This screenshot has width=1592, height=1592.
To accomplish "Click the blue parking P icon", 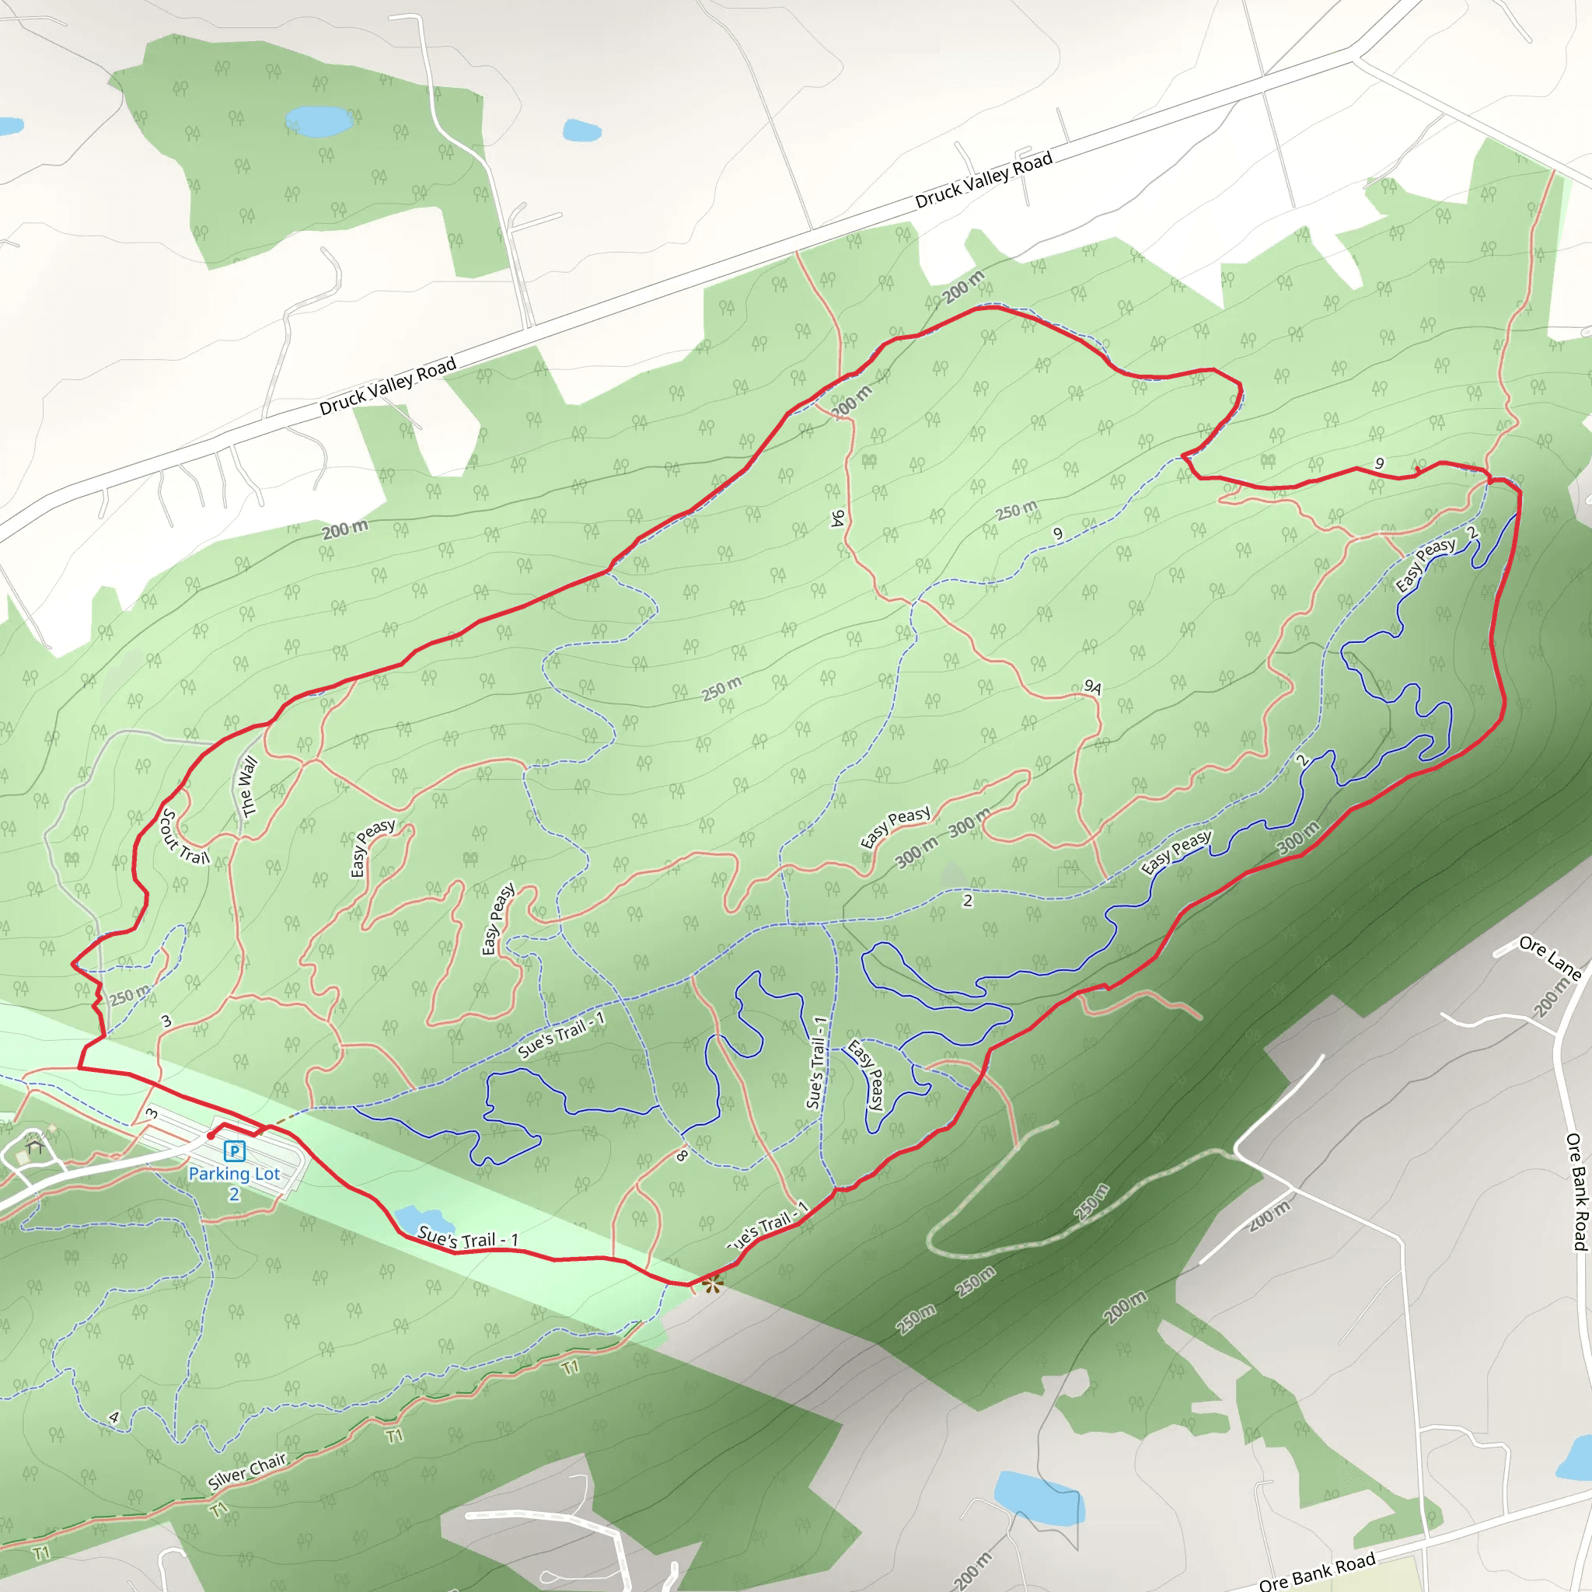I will (x=235, y=1151).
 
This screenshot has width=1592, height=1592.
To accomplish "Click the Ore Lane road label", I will (x=1550, y=958).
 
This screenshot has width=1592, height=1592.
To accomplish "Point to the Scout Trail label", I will (x=183, y=838).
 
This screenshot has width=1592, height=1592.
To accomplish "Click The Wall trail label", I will (x=246, y=787).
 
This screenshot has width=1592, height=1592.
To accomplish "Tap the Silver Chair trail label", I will (x=246, y=1472).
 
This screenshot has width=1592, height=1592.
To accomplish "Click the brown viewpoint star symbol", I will (x=713, y=1283).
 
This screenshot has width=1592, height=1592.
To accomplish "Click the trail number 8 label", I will (x=683, y=1155).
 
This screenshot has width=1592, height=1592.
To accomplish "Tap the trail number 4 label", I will (x=113, y=1417).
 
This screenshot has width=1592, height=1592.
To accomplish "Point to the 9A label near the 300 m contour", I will (x=1093, y=686).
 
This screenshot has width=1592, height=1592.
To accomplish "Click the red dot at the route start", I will (x=211, y=1136).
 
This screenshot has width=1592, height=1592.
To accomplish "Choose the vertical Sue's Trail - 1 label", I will (x=817, y=1062).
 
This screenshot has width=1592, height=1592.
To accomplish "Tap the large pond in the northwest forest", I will (x=319, y=121).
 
